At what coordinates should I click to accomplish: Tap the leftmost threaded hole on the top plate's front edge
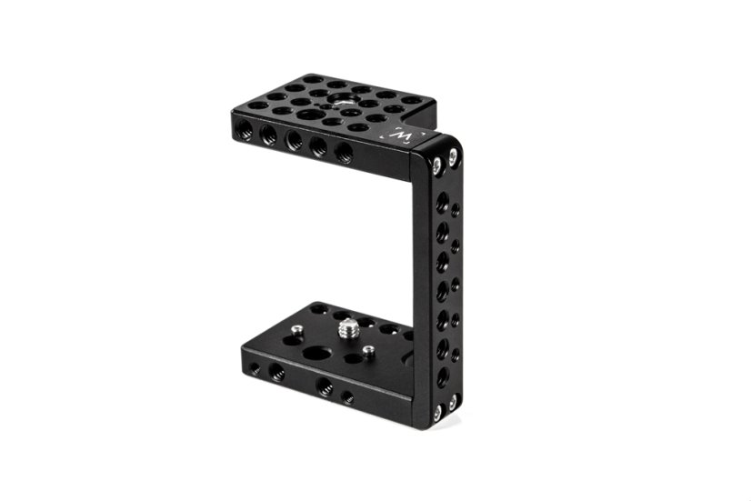(x=244, y=127)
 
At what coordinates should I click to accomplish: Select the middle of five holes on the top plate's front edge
(x=292, y=139)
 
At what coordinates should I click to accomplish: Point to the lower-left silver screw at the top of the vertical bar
(x=436, y=165)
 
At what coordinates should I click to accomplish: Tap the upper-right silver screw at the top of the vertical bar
(x=453, y=155)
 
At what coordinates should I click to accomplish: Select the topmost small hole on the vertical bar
(x=456, y=209)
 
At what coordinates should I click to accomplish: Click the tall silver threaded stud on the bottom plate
(x=345, y=329)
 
